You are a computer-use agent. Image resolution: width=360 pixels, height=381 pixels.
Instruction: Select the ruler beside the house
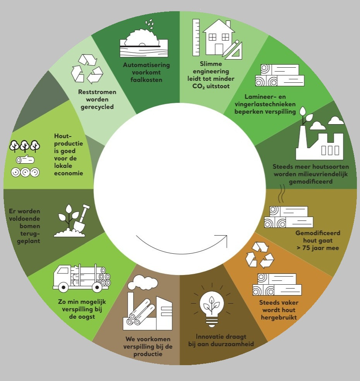point(196,38)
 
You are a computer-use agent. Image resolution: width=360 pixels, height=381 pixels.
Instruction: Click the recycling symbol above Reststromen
point(87,69)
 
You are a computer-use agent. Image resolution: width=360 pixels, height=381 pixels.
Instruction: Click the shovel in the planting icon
point(82,218)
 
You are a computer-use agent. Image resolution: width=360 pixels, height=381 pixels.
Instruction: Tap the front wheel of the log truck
point(63,287)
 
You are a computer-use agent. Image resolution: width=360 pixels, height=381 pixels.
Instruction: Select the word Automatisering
point(146,65)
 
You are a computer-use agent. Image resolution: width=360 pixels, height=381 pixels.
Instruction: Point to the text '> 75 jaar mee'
point(318,248)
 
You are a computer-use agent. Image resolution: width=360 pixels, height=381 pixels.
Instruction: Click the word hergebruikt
point(279,318)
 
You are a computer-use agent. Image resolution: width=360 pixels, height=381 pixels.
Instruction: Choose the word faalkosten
point(146,80)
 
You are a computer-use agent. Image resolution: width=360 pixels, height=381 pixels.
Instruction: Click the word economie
point(69,173)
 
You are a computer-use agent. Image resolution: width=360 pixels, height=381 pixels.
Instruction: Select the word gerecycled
point(97,107)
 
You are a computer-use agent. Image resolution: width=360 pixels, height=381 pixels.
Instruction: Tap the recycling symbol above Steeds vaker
point(259,255)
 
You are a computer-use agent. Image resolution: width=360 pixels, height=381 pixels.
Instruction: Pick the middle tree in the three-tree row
point(24,146)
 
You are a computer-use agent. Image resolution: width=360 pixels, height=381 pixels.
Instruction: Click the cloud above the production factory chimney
point(143,282)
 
